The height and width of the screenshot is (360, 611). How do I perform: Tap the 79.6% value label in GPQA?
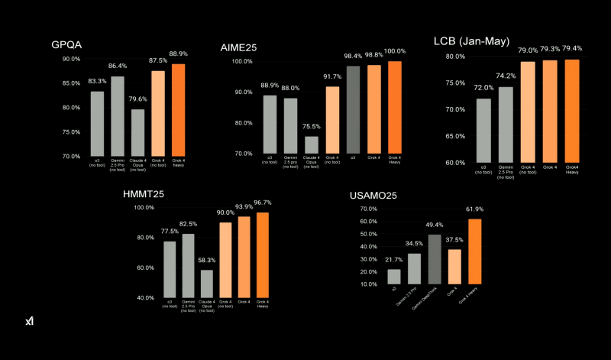(137, 98)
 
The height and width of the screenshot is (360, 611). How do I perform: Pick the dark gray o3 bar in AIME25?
(353, 109)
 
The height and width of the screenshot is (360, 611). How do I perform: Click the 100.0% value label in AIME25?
(394, 50)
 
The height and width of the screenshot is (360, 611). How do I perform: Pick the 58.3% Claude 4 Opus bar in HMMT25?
(206, 283)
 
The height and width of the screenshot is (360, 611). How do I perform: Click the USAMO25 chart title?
(373, 195)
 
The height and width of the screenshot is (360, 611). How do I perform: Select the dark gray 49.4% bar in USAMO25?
(434, 258)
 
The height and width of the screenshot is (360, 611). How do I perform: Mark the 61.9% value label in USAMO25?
(474, 209)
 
